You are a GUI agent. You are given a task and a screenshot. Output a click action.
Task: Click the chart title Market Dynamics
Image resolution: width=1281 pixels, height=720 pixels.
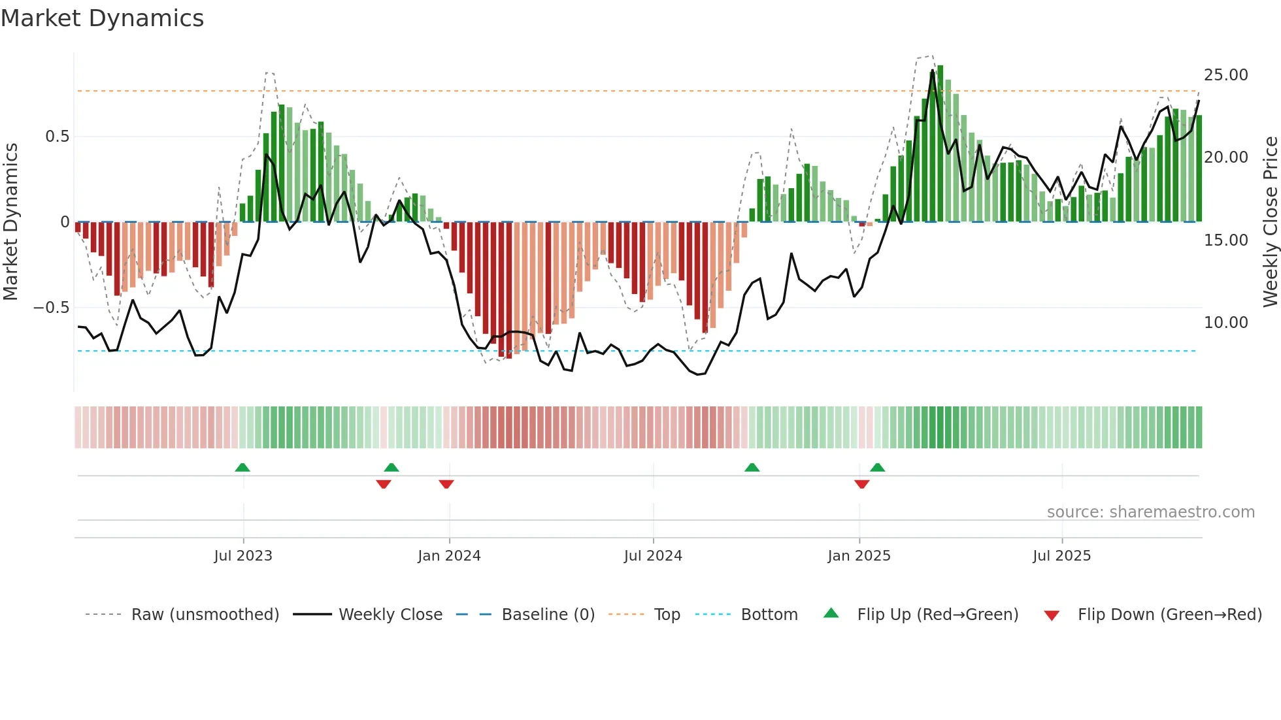point(102,18)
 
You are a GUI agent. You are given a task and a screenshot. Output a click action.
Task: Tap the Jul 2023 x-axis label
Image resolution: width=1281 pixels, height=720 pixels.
point(242,556)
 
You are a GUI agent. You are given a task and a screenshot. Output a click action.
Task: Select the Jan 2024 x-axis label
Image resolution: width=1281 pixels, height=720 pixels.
point(449,556)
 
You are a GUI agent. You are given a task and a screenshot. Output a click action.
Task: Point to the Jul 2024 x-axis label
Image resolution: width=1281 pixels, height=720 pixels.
point(653,556)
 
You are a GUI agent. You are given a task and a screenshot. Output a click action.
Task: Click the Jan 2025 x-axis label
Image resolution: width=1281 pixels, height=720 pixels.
point(859,556)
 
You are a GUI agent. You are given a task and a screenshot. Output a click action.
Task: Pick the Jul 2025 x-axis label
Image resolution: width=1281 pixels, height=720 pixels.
point(1061,556)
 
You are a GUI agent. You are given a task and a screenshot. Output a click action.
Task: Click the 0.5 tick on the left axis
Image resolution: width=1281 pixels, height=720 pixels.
point(57,137)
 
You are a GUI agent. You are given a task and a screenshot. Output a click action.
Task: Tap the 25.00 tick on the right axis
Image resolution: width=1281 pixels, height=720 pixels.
point(1225,75)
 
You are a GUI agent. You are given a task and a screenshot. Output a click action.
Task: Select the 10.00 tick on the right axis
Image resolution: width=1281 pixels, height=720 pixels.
point(1225,323)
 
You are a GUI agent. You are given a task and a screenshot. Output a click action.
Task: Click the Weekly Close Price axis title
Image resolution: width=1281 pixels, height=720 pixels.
point(1270,222)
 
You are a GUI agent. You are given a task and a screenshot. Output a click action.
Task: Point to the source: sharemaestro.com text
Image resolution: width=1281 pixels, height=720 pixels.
point(1150,512)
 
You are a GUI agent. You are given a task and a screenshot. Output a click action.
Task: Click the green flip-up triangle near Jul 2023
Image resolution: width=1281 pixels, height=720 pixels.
point(242,468)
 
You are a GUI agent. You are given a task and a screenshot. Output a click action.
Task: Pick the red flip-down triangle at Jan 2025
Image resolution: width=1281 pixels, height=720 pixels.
point(861,484)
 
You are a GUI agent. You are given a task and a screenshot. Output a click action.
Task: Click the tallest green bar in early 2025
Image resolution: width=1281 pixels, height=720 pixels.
point(940,144)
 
